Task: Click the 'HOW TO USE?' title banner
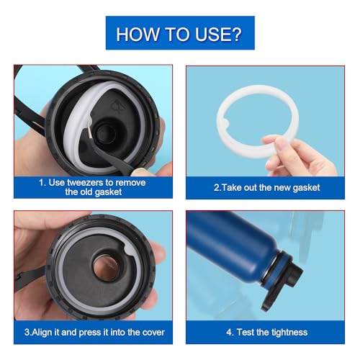point(180,33)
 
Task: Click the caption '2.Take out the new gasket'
point(266,187)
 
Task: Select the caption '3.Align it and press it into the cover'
point(94,332)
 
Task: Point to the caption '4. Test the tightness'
point(266,332)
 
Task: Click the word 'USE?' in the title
point(216,33)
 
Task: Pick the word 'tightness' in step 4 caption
point(288,332)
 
